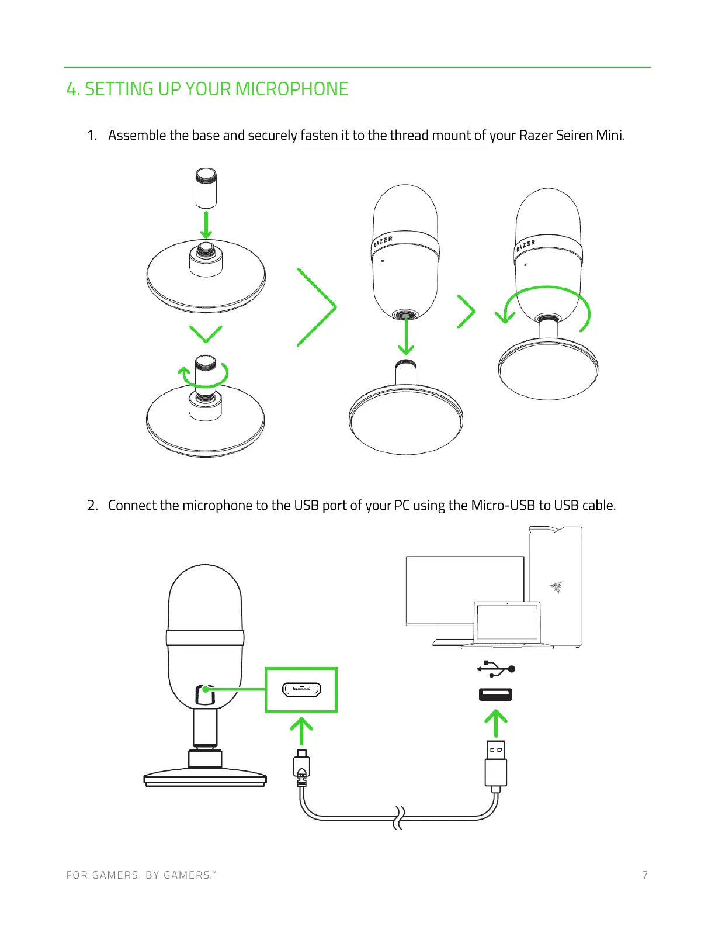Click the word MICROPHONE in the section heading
coord(291,89)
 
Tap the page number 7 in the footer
coord(645,875)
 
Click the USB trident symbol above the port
coord(495,669)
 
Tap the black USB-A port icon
coord(495,694)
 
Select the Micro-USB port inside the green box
coord(301,690)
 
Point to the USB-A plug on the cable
coord(496,763)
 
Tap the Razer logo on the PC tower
coord(556,586)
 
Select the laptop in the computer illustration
coord(507,624)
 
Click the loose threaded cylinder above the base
coord(206,188)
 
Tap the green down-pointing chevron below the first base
coord(206,334)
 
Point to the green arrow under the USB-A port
coord(496,723)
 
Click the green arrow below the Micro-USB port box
coord(301,731)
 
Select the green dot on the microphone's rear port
coord(206,689)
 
